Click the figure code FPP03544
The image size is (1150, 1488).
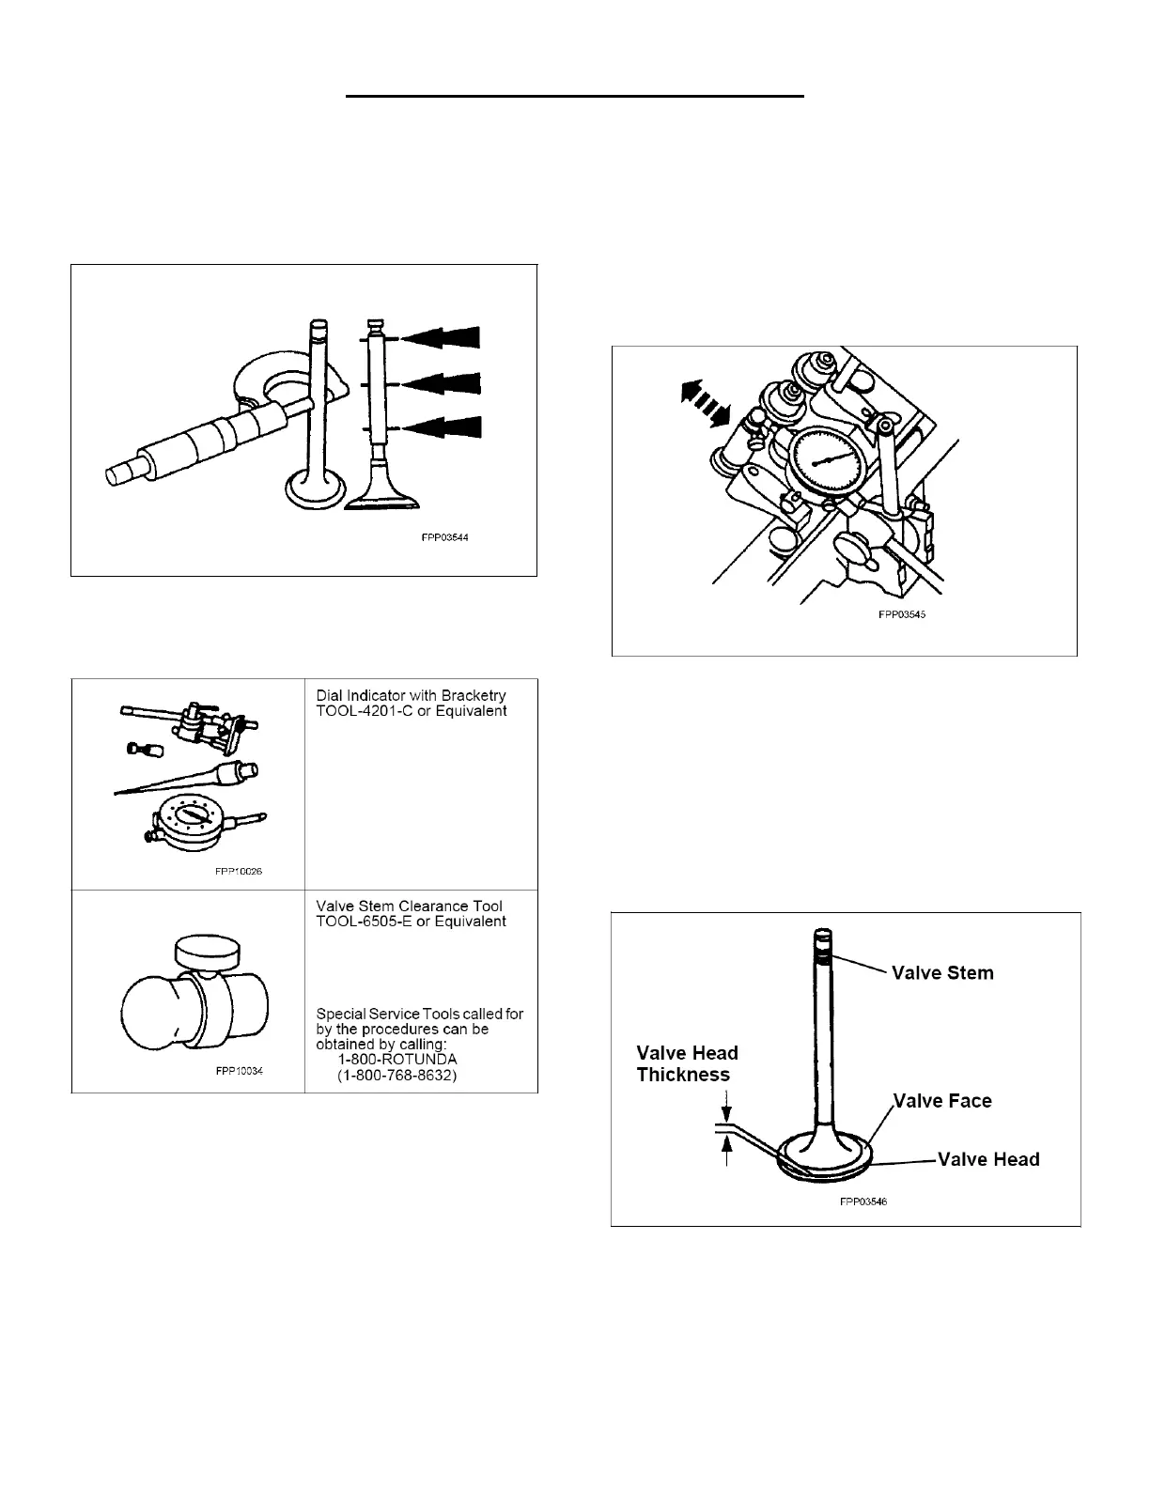443,539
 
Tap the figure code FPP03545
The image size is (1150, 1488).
902,615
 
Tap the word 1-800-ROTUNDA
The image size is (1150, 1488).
397,1059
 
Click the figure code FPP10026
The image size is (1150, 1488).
239,871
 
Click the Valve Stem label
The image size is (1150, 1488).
942,973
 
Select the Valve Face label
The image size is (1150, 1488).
942,1101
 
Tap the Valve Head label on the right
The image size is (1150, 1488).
989,1159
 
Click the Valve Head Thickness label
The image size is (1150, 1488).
688,1063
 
